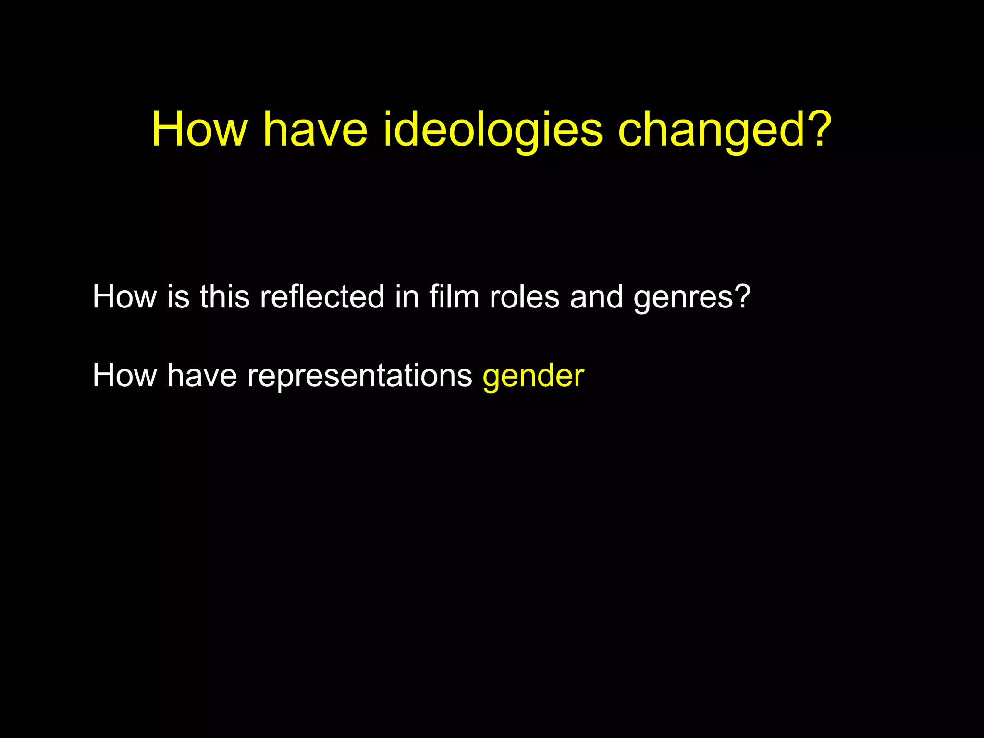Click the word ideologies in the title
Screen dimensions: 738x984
pyautogui.click(x=492, y=129)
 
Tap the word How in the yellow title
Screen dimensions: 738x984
pyautogui.click(x=199, y=129)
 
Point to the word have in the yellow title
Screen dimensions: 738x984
pyautogui.click(x=315, y=129)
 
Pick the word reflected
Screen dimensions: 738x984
pyautogui.click(x=322, y=296)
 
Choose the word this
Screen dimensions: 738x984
pyautogui.click(x=224, y=296)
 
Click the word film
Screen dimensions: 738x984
pyautogui.click(x=454, y=296)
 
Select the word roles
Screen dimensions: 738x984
pyautogui.click(x=525, y=296)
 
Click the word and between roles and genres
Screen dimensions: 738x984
pyautogui.click(x=596, y=296)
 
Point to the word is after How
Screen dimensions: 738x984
pyautogui.click(x=178, y=296)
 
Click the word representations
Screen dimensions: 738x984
pyautogui.click(x=360, y=376)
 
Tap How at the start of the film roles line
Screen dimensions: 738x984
pyautogui.click(x=124, y=296)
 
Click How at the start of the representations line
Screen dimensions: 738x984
pyautogui.click(x=124, y=375)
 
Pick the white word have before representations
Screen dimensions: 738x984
pyautogui.click(x=202, y=375)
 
